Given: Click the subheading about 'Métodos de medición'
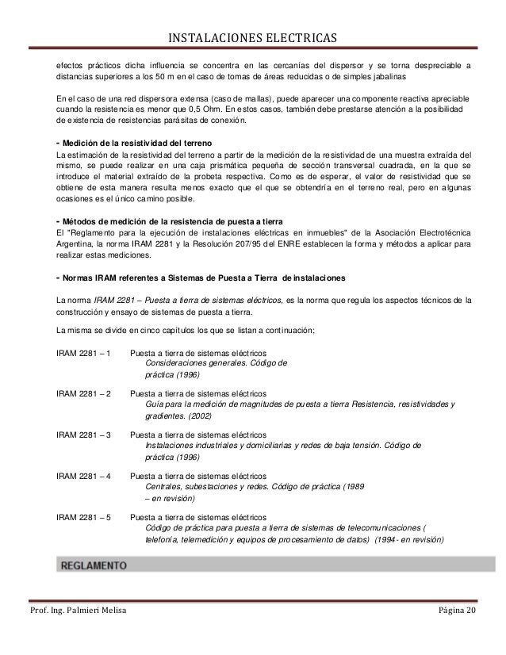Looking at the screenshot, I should tap(167, 219).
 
